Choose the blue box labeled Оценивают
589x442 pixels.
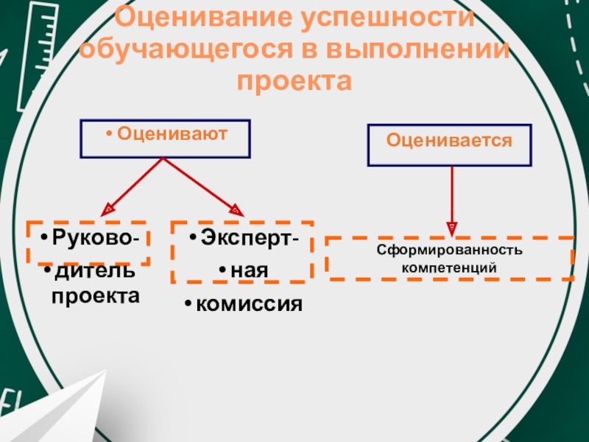165,138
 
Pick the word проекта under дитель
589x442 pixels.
94,296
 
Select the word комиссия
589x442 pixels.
249,303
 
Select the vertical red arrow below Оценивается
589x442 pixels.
451,195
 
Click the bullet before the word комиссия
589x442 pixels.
188,304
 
